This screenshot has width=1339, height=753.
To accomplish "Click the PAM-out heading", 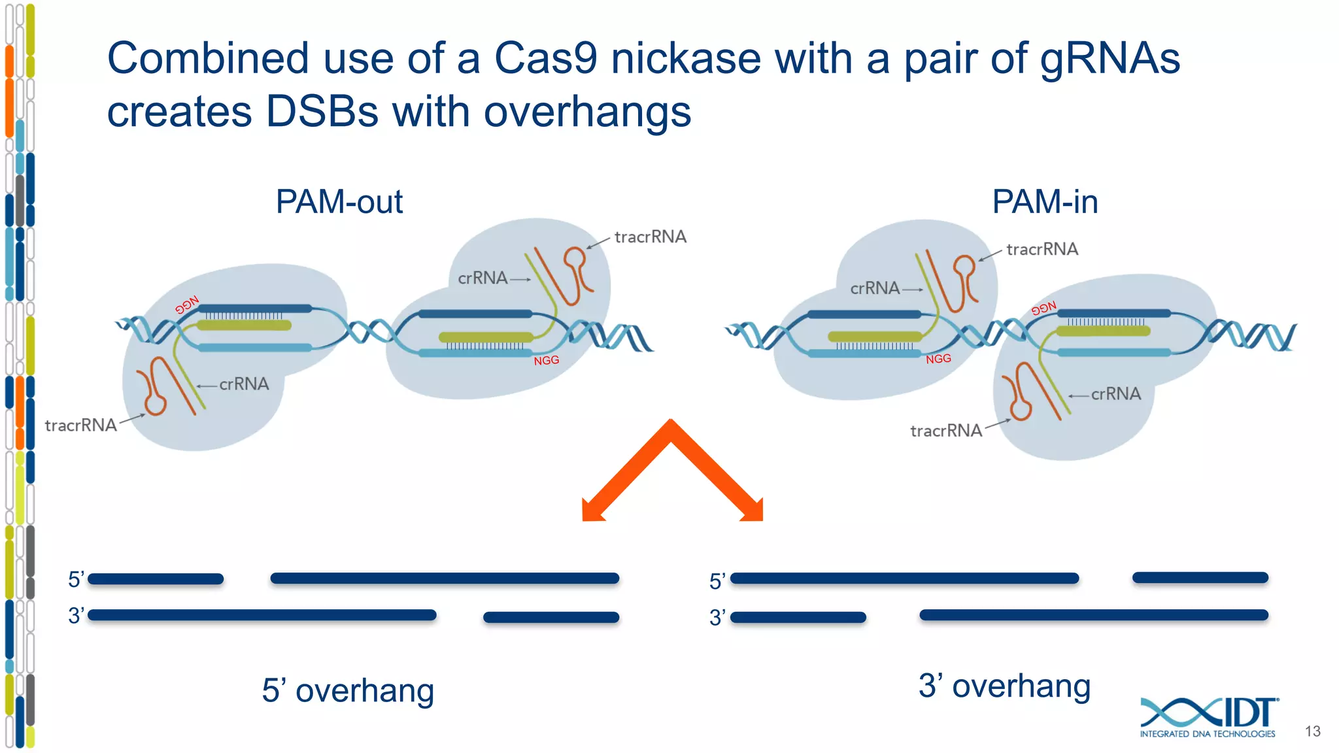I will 339,201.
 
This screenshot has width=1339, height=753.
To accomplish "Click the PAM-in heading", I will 1044,201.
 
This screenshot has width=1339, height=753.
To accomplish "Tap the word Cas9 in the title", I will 545,58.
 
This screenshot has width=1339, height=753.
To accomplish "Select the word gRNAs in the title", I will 1110,58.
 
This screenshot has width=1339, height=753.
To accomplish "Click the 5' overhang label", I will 348,690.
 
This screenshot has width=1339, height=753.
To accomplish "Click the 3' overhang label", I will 1004,686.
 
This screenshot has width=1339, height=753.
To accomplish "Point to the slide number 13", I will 1312,731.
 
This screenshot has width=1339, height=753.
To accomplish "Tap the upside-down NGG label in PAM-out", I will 187,305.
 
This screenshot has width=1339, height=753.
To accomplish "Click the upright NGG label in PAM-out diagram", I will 546,360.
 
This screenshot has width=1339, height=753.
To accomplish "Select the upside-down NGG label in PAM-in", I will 1043,308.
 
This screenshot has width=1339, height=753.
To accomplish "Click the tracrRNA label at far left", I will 80,426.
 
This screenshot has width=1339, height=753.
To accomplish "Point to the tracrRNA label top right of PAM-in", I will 1042,249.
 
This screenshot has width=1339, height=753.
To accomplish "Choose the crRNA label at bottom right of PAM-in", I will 1115,393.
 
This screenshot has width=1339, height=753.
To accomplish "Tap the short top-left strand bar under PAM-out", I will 156,578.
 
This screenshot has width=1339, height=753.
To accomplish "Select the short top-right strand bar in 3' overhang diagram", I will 1200,577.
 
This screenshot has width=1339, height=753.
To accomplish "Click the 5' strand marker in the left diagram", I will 76,579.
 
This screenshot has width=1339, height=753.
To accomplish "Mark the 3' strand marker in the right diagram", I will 717,617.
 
